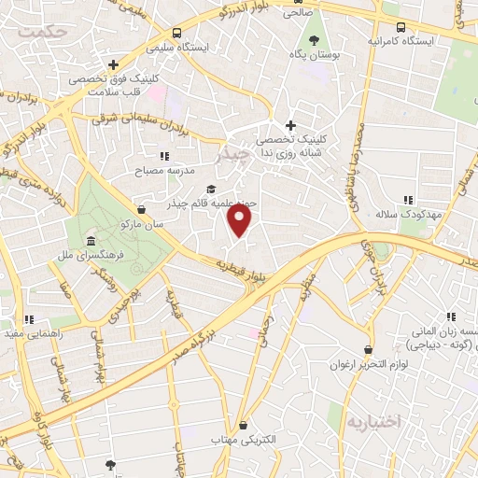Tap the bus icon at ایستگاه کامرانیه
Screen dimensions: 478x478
coord(401,28)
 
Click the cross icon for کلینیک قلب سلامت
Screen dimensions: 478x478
coord(113,65)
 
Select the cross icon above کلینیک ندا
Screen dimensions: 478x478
coord(290,125)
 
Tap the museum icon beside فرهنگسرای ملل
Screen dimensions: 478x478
coord(90,229)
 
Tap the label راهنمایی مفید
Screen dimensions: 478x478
coord(33,332)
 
